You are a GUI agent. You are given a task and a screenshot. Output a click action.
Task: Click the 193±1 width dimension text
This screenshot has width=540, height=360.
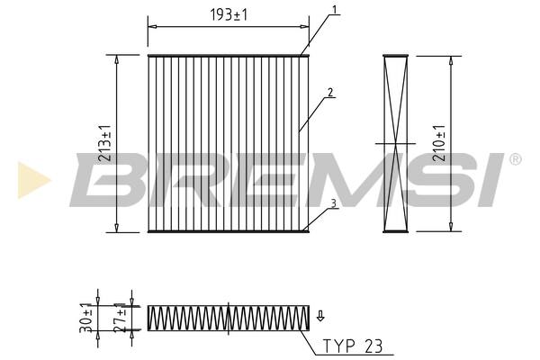tap(229, 14)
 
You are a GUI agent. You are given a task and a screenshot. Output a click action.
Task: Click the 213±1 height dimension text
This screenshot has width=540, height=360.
tap(104, 143)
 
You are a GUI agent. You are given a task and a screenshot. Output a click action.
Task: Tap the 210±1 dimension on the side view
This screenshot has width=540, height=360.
tap(439, 143)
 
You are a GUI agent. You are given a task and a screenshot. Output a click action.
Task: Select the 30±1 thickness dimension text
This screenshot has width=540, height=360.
tap(85, 318)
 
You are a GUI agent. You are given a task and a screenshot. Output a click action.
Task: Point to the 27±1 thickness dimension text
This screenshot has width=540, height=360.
tap(120, 318)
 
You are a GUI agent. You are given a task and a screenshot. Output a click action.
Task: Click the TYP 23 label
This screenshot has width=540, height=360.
tap(352, 346)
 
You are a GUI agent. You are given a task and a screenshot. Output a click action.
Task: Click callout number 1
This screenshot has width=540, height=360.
tap(334, 9)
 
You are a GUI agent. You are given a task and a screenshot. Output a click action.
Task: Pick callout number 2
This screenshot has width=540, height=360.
tap(330, 93)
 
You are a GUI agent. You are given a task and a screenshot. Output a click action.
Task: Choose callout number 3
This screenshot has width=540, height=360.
tap(333, 203)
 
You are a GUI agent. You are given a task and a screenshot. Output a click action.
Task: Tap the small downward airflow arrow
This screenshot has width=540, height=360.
tap(320, 316)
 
